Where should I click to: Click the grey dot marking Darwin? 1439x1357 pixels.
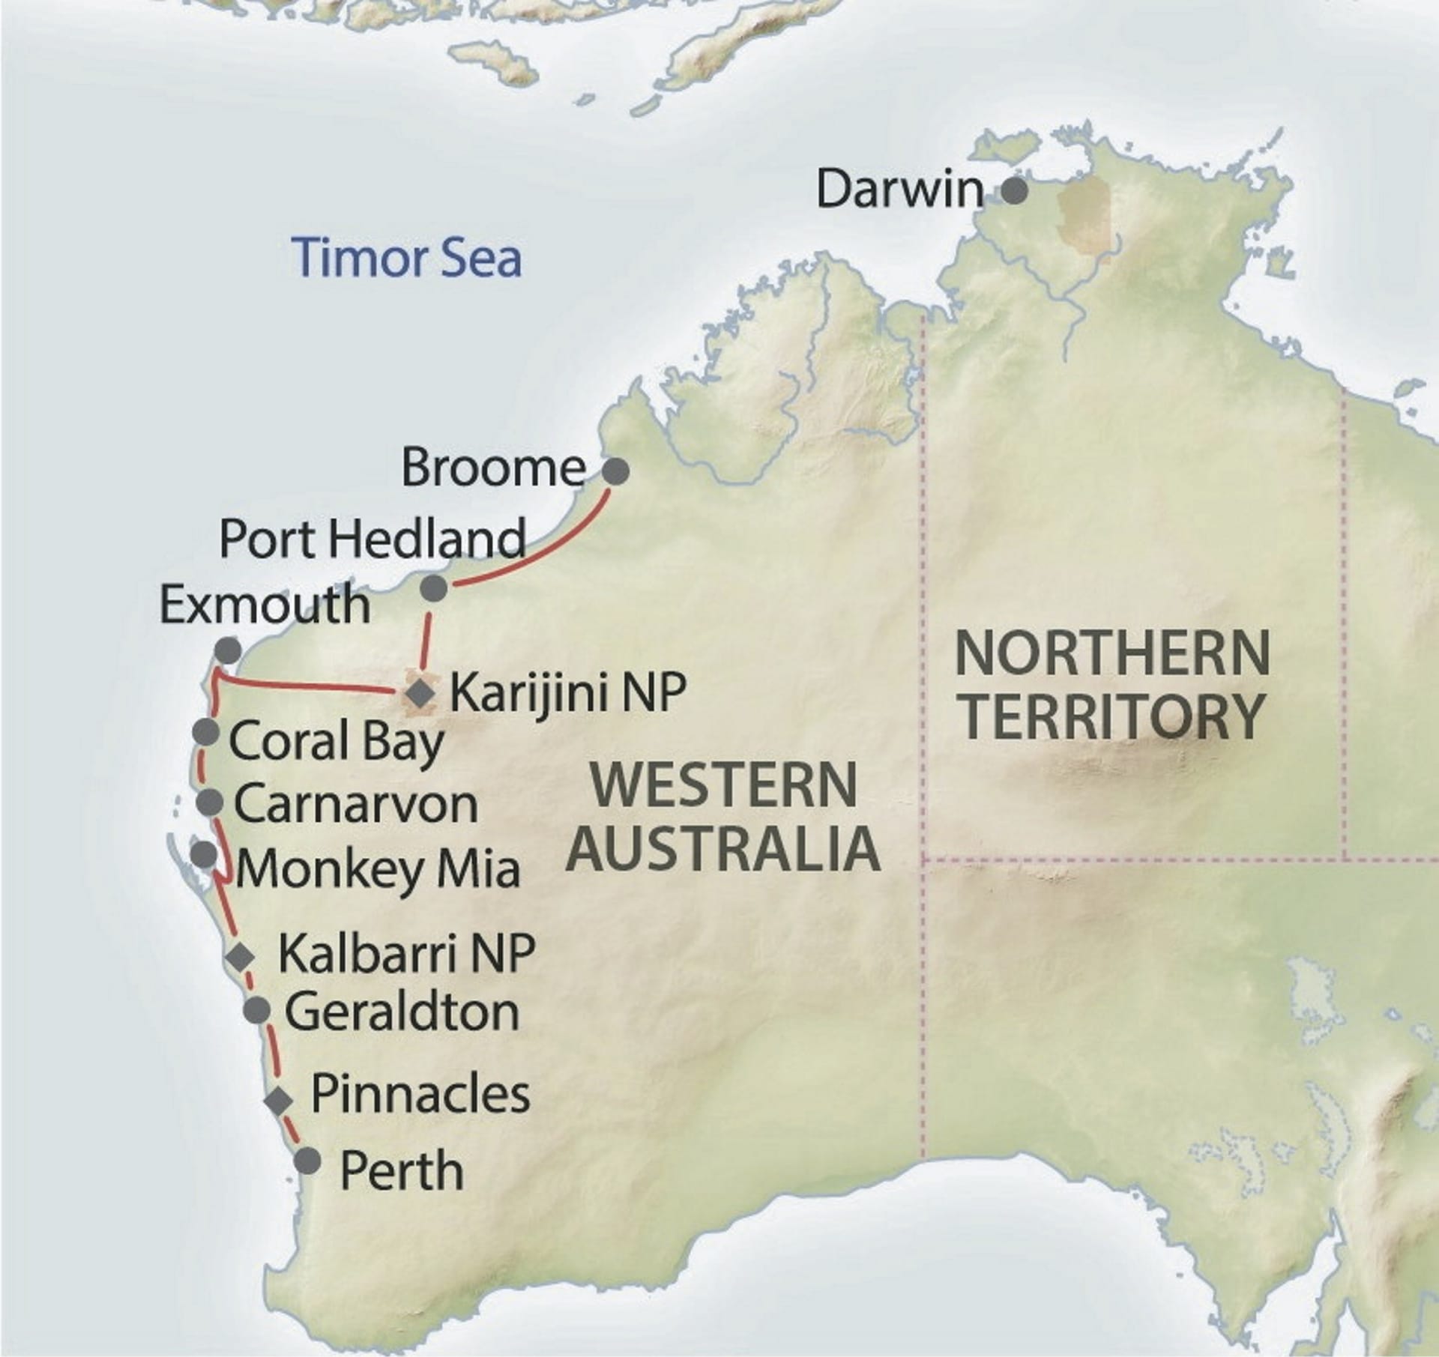[x=1014, y=191]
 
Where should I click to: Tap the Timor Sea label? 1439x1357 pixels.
[x=408, y=257]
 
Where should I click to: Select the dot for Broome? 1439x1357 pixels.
[x=616, y=471]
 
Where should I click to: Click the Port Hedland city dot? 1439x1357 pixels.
[x=434, y=588]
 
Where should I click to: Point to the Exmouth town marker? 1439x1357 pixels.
[x=227, y=648]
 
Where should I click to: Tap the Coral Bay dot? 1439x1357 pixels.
[x=205, y=731]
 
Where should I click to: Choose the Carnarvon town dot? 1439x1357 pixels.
[x=210, y=803]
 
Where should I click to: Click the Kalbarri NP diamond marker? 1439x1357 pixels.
[x=241, y=956]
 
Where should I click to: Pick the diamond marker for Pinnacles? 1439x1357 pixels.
[x=279, y=1100]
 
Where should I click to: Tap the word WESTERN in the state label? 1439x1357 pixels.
[x=723, y=785]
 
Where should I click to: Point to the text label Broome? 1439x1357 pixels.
[x=492, y=468]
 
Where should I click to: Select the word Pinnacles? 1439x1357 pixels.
[x=420, y=1095]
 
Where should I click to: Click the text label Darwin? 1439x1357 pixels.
[x=899, y=190]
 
